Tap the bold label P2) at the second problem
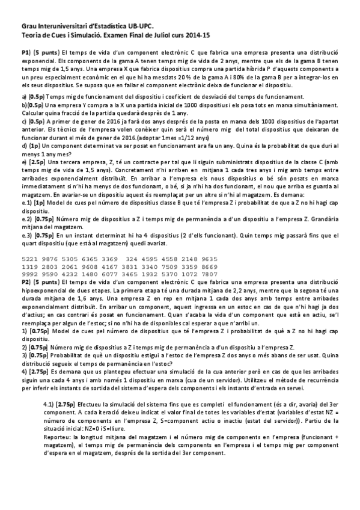pos(26,281)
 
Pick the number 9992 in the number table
pos(31,274)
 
